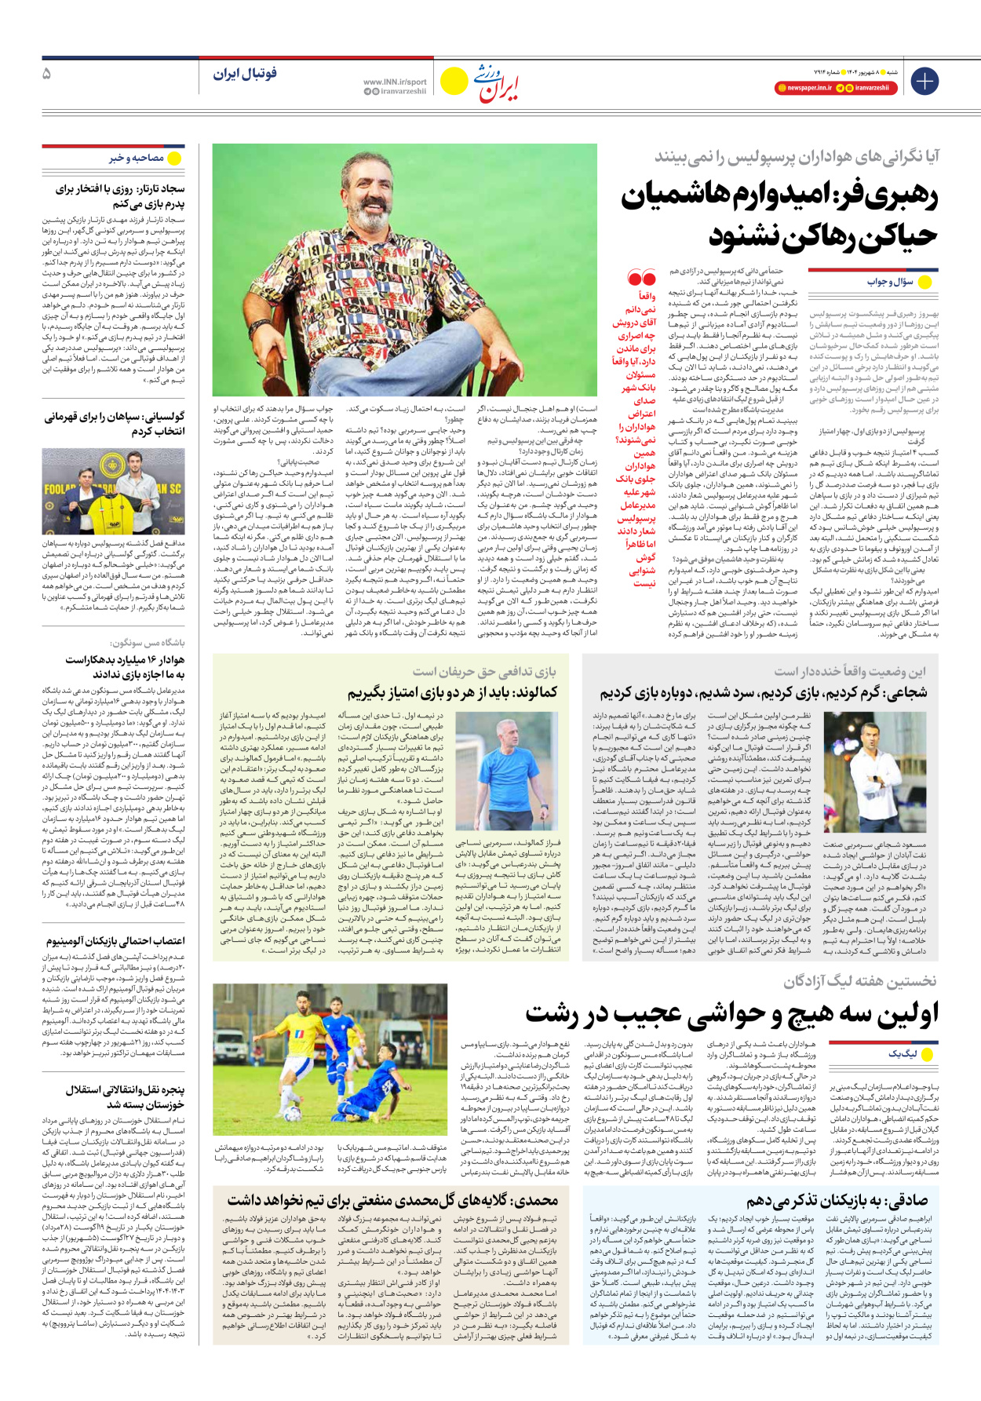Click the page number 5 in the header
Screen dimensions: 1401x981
point(47,74)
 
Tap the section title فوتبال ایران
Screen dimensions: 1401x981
point(245,74)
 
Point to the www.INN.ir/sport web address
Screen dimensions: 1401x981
point(395,82)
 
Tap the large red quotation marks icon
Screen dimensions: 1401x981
point(641,278)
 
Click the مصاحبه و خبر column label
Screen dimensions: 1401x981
point(137,159)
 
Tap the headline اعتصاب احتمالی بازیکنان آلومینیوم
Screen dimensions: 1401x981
point(115,940)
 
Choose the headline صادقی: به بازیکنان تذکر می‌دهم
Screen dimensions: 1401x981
point(837,1200)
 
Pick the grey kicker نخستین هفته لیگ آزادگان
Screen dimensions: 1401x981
point(859,981)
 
